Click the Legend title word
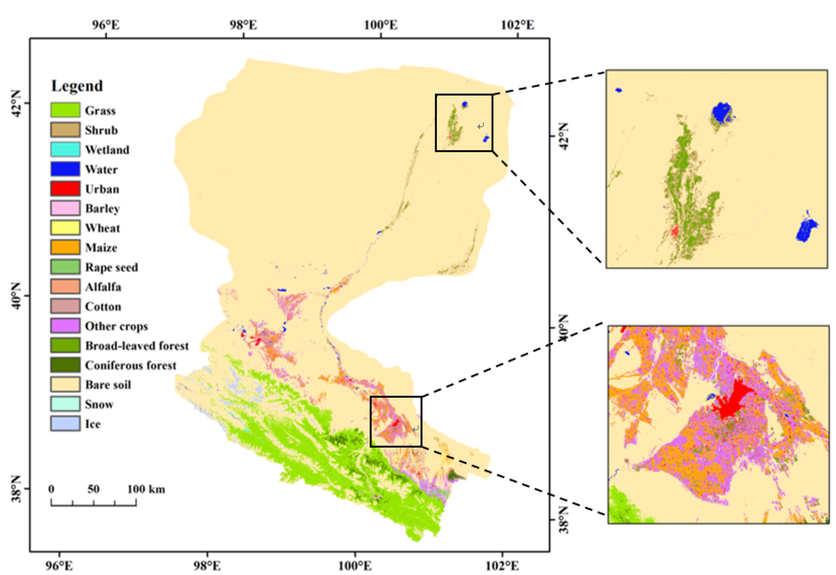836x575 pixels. pyautogui.click(x=77, y=86)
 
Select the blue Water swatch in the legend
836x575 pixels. pyautogui.click(x=64, y=170)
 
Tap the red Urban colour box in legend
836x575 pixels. pyautogui.click(x=64, y=189)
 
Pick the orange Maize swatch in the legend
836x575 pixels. pyautogui.click(x=64, y=248)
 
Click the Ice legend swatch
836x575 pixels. pyautogui.click(x=64, y=425)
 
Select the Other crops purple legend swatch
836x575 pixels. pyautogui.click(x=64, y=327)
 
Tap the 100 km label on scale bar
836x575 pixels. pyautogui.click(x=146, y=488)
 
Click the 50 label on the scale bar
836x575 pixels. pyautogui.click(x=93, y=488)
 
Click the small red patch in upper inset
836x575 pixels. pyautogui.click(x=674, y=232)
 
